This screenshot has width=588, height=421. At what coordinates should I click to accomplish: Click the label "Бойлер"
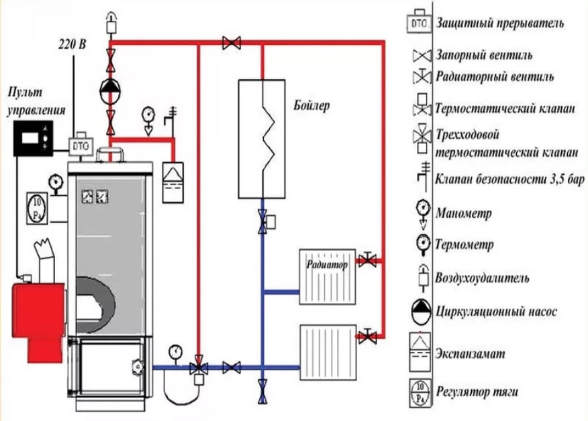point(312,107)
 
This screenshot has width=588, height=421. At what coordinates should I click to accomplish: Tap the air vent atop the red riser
point(110,23)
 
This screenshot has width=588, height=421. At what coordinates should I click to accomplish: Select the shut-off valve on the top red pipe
point(232,44)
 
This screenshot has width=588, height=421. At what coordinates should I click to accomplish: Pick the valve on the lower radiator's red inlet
point(367,335)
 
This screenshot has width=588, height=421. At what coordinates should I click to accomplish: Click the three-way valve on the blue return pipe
point(199,369)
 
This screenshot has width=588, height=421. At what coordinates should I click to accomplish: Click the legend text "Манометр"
point(464,214)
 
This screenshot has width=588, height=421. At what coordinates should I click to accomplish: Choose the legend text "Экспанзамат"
point(470,353)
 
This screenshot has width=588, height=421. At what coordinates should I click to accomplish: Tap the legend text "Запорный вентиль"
point(484,54)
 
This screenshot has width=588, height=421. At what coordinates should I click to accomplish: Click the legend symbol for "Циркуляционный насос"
point(421,310)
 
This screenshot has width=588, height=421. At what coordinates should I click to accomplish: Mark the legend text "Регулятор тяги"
point(477,392)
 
